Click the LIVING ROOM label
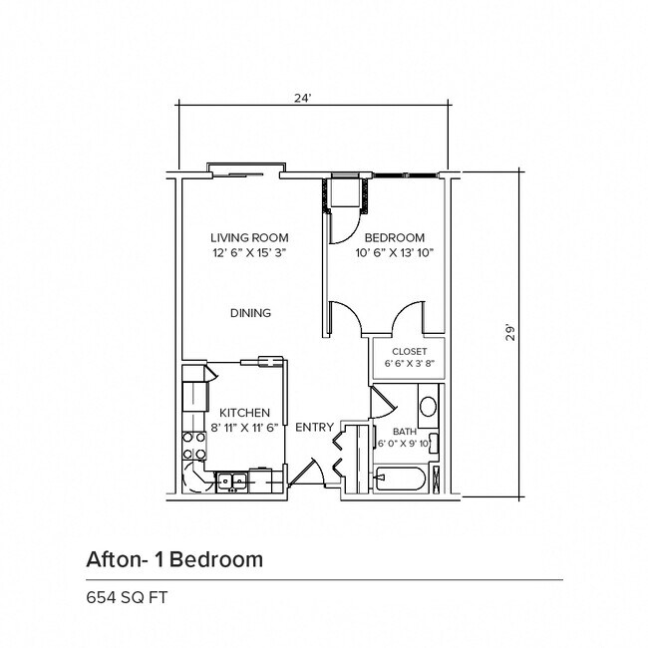click(249, 237)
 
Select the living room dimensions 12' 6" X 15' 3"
click(249, 253)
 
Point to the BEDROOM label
click(394, 237)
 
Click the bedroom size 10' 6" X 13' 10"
click(394, 253)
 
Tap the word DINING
click(250, 313)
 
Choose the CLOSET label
click(409, 351)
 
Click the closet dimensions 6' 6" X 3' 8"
click(409, 364)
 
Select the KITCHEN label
click(245, 412)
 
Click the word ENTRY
click(314, 427)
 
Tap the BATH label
click(390, 432)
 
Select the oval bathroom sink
click(428, 407)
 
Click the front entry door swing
click(309, 470)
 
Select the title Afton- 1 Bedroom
click(174, 558)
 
